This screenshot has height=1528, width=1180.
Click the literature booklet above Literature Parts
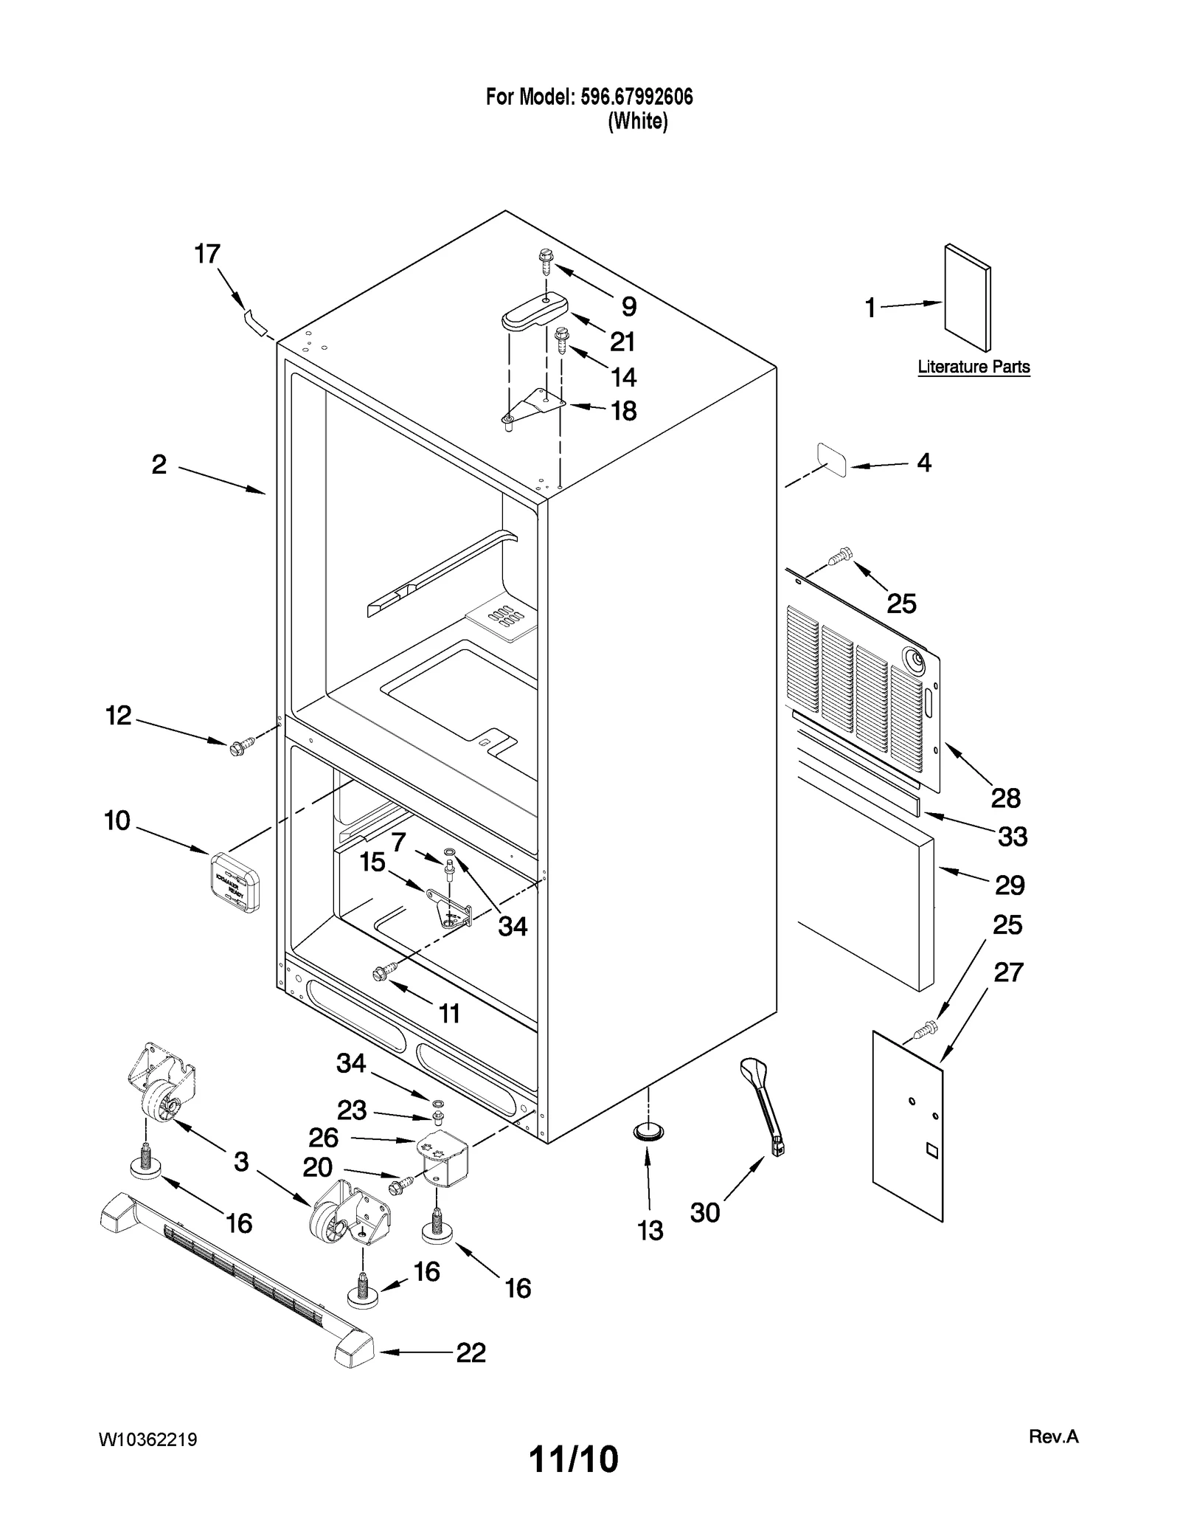pyautogui.click(x=967, y=298)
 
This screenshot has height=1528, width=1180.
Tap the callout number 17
pyautogui.click(x=207, y=254)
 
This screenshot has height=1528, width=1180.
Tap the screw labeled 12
pyautogui.click(x=239, y=746)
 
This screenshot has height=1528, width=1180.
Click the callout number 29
pyautogui.click(x=1009, y=885)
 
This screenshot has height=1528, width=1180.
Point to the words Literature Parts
pyautogui.click(x=974, y=367)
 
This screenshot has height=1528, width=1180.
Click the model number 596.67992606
pyautogui.click(x=636, y=97)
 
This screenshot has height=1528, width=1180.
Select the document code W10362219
pyautogui.click(x=148, y=1440)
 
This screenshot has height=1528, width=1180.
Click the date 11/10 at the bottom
pyautogui.click(x=574, y=1459)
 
